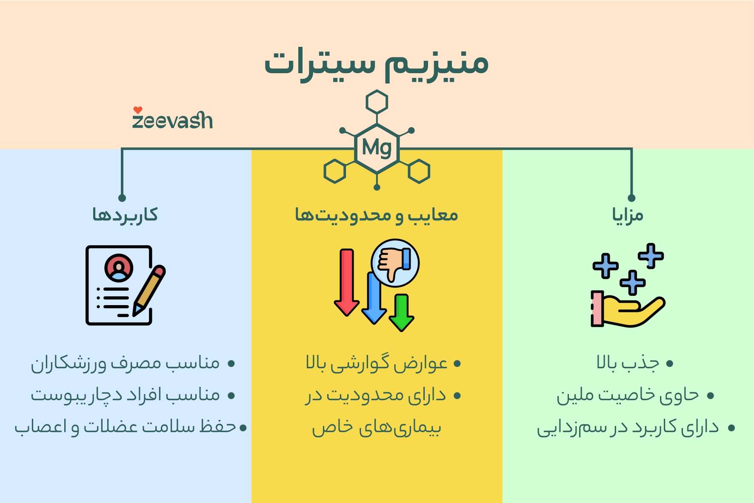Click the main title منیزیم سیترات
(x=376, y=64)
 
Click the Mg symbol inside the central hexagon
(x=377, y=148)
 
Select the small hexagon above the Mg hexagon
(x=377, y=102)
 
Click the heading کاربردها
(x=125, y=214)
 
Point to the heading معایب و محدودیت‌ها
(x=377, y=215)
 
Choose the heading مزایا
(x=628, y=215)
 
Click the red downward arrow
(x=347, y=281)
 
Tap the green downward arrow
(x=401, y=312)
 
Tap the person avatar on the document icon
(x=119, y=268)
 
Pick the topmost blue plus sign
(x=651, y=255)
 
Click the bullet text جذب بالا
(x=628, y=363)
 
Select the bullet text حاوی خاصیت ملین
(x=628, y=395)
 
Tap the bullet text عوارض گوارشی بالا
(x=377, y=363)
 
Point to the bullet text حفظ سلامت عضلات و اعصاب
(x=125, y=427)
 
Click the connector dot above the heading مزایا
(x=631, y=198)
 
